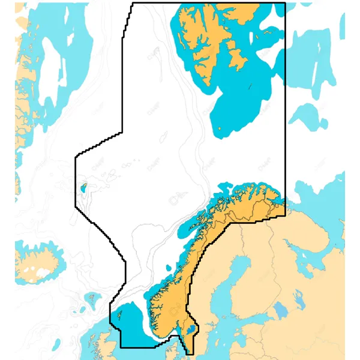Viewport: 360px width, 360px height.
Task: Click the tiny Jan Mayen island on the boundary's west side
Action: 85,187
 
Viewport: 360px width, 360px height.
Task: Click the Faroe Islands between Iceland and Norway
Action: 91,297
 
